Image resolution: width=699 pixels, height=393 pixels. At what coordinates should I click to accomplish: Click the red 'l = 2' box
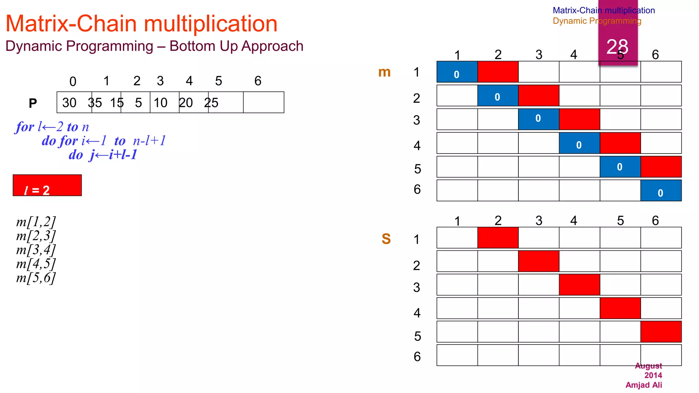coord(47,185)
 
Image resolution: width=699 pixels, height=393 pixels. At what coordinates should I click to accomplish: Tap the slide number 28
coord(617,46)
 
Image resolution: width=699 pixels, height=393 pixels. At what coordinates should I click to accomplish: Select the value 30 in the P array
coord(69,103)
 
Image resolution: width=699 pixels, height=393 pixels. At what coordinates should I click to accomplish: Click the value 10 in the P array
coord(160,103)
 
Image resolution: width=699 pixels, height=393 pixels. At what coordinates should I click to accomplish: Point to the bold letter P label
coord(33,103)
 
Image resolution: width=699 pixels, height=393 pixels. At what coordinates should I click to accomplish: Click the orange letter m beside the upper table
coord(384,72)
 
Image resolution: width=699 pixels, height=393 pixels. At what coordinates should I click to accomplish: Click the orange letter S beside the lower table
coord(386,239)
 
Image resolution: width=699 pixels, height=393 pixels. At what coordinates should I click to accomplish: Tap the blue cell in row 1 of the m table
coord(457,72)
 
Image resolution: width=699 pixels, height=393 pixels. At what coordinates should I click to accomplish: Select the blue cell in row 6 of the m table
coord(661,190)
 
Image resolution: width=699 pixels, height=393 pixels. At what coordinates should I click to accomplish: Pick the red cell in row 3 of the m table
coord(579,119)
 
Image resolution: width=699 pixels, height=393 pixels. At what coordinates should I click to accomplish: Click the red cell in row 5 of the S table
coord(661,332)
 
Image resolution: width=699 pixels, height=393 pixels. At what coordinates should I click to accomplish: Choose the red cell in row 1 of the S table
coord(498,237)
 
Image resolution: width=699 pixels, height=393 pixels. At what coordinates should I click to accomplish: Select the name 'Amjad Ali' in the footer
coord(644,385)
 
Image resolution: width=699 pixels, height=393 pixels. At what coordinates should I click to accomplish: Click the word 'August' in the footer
coord(648,366)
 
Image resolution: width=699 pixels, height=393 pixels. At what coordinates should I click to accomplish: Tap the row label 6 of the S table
coord(417,357)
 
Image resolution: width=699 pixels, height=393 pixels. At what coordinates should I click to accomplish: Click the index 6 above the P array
coord(258,81)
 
